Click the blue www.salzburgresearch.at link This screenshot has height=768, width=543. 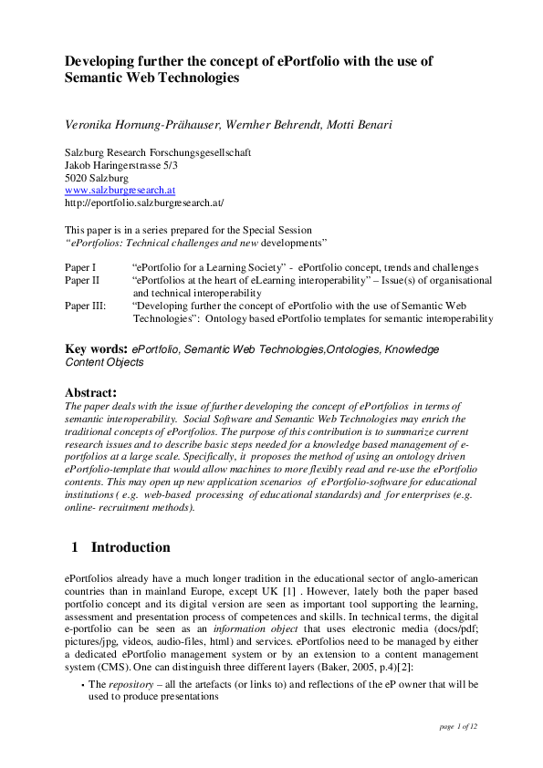tap(120, 191)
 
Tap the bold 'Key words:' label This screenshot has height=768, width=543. tap(97, 349)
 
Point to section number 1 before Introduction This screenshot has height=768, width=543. tap(75, 548)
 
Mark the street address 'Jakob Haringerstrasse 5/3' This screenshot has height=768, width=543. tap(121, 165)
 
